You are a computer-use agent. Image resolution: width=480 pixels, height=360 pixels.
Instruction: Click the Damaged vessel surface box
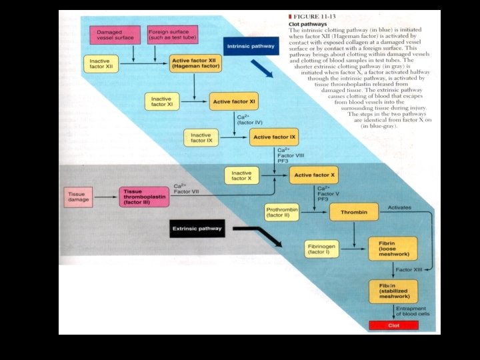pos(115,35)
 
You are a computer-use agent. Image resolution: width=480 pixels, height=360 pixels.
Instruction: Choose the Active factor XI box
pos(234,102)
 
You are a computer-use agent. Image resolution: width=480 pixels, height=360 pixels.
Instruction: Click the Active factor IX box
pos(273,138)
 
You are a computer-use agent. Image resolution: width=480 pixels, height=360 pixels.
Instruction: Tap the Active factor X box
pos(313,175)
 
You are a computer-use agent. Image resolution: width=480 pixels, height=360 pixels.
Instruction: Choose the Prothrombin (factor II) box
pos(283,213)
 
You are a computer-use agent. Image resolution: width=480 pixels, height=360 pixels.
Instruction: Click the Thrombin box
pos(354,212)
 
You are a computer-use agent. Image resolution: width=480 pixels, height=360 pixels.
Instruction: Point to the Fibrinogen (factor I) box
pos(323,249)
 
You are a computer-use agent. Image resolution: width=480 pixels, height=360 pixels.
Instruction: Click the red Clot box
pos(393,325)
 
